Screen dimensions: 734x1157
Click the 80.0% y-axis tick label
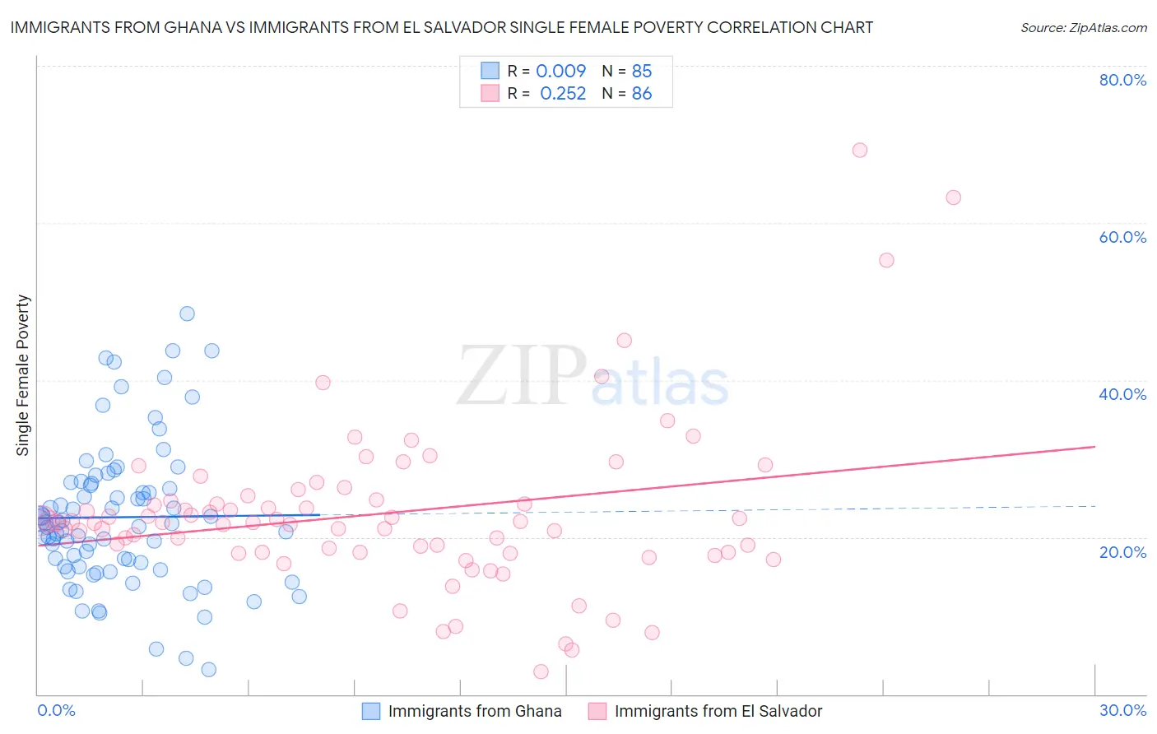pyautogui.click(x=1122, y=80)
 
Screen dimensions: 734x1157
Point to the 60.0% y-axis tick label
pyautogui.click(x=1122, y=237)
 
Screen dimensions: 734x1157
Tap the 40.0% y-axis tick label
pyautogui.click(x=1122, y=394)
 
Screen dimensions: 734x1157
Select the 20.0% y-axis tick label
pyautogui.click(x=1122, y=551)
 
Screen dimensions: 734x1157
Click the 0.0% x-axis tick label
pyautogui.click(x=56, y=710)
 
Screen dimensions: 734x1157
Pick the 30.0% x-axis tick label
pyautogui.click(x=1122, y=710)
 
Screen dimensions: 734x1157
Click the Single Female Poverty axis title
pyautogui.click(x=23, y=375)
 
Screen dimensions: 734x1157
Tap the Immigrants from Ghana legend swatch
pyautogui.click(x=371, y=711)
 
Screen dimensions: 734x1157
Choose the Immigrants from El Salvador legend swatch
pyautogui.click(x=597, y=711)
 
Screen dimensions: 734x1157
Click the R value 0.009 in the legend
pyautogui.click(x=560, y=71)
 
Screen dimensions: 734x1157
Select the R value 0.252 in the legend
pyautogui.click(x=563, y=94)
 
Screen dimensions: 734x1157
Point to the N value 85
pyautogui.click(x=642, y=71)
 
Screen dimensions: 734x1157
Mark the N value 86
pyautogui.click(x=642, y=94)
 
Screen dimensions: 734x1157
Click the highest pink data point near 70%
pyautogui.click(x=860, y=150)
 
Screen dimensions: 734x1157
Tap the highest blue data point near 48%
pyautogui.click(x=187, y=314)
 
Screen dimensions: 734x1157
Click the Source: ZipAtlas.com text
pyautogui.click(x=1083, y=28)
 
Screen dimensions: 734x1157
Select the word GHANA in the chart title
pyautogui.click(x=193, y=27)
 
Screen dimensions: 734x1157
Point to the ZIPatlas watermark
pyautogui.click(x=592, y=377)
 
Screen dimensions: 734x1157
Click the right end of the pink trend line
pyautogui.click(x=1094, y=447)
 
